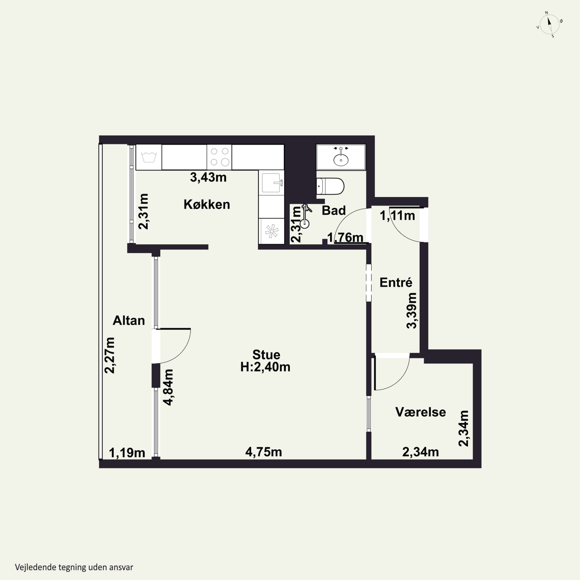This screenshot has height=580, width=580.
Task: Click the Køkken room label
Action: coord(207,204)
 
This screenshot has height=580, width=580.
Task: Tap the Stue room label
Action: coord(266,355)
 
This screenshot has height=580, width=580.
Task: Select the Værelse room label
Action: coord(420,412)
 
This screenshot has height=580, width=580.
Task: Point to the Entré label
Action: coord(396,282)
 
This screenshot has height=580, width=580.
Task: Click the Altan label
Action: coord(129,321)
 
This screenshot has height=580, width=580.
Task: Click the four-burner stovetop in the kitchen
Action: coord(219,157)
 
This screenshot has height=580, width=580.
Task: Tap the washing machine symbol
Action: coord(149,157)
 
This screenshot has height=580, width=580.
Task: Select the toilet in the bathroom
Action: coord(330,186)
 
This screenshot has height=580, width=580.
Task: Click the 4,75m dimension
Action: coord(264,452)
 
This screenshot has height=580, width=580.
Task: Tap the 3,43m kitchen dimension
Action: coord(208,177)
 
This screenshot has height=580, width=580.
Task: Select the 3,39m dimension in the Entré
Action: coord(412,311)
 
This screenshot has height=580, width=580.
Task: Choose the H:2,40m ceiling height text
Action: coord(265,367)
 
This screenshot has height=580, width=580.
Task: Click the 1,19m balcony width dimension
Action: coord(127,453)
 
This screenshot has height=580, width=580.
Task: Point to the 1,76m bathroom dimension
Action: coord(345,237)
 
